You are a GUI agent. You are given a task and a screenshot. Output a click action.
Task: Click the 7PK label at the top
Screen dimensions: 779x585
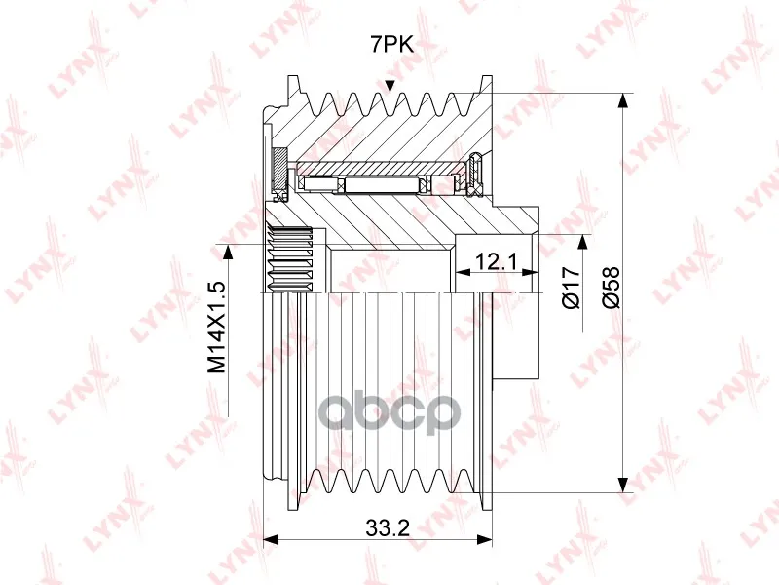click(x=392, y=45)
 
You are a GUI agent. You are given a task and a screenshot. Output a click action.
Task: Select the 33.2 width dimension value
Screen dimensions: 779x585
click(x=388, y=527)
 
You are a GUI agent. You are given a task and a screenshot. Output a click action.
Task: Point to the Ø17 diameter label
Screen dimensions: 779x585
click(x=572, y=288)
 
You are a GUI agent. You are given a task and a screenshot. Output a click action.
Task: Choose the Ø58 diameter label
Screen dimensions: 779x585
click(x=612, y=288)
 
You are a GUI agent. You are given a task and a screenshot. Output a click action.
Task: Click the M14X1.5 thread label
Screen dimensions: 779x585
click(x=216, y=328)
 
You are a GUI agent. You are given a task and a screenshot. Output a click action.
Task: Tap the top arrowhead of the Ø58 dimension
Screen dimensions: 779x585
click(x=622, y=100)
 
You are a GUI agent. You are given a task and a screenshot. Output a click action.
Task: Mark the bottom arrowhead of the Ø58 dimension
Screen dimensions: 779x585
click(x=622, y=485)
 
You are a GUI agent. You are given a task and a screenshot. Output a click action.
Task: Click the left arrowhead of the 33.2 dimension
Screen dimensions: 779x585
click(x=271, y=540)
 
